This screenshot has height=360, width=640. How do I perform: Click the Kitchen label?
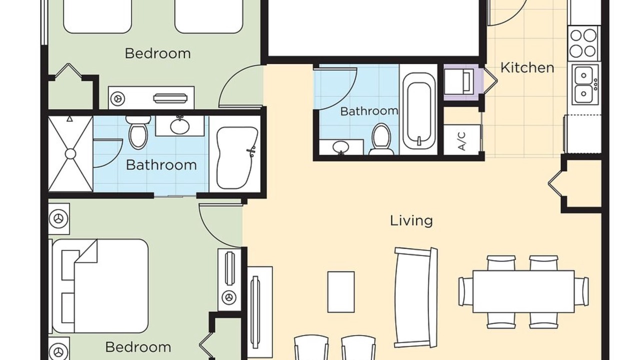pos(527,67)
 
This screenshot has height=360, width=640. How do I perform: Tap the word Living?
pos(411,221)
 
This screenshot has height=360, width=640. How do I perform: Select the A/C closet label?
pos(461,141)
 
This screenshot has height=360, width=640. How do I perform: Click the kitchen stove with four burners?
pos(584,43)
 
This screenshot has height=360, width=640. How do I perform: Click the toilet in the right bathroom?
pos(381,139)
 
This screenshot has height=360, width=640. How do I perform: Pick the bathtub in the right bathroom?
pos(419,111)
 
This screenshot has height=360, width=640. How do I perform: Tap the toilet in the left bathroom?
pos(138,132)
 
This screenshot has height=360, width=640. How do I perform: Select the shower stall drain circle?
pos(70,154)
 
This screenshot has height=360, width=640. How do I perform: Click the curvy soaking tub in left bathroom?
pos(237,158)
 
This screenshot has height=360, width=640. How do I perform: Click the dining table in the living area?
pos(523,291)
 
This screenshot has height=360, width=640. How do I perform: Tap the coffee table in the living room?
pos(341,292)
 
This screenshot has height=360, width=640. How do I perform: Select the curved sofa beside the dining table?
pos(415,297)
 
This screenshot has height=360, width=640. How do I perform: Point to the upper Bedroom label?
pos(157,53)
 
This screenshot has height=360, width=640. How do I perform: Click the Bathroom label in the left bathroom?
pos(161,165)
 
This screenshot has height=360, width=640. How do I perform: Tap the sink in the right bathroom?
pos(341,147)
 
